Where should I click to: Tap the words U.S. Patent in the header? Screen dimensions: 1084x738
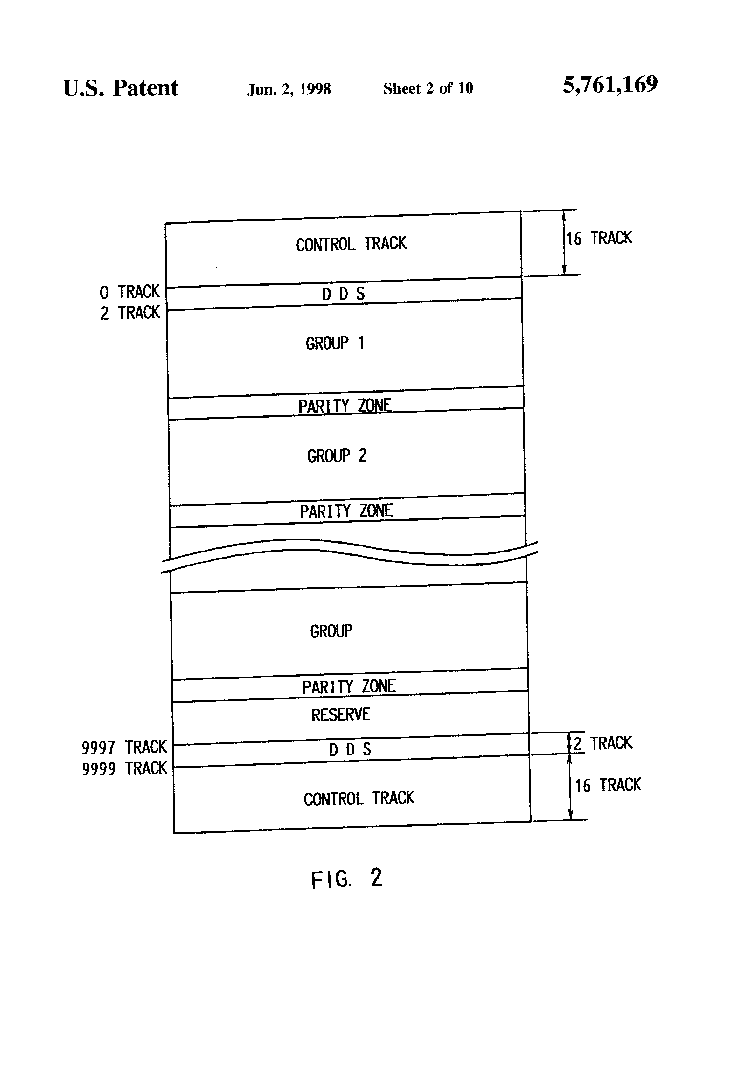pyautogui.click(x=120, y=88)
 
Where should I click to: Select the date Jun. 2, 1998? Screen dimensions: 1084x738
pyautogui.click(x=289, y=89)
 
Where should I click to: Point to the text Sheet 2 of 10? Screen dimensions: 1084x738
pyautogui.click(x=428, y=88)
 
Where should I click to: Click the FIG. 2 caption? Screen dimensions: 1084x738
pyautogui.click(x=346, y=878)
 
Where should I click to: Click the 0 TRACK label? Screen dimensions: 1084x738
pyautogui.click(x=130, y=292)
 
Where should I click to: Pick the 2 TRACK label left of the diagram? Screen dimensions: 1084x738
pyautogui.click(x=130, y=313)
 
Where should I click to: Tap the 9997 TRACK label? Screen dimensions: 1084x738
pyautogui.click(x=124, y=747)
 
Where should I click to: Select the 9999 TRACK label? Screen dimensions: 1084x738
pyautogui.click(x=124, y=768)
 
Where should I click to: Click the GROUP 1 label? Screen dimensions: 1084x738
pyautogui.click(x=334, y=343)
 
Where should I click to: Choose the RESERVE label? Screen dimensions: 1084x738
pyautogui.click(x=341, y=715)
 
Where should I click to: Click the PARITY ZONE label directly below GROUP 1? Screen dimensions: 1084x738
pyautogui.click(x=345, y=406)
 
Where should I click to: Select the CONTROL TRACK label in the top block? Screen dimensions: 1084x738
pyautogui.click(x=351, y=244)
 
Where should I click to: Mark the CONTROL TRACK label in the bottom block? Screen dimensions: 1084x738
pyautogui.click(x=359, y=799)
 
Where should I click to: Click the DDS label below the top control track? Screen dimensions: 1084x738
pyautogui.click(x=343, y=294)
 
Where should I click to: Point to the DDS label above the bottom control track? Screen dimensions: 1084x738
pyautogui.click(x=350, y=750)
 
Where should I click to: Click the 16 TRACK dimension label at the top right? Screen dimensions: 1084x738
pyautogui.click(x=599, y=238)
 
